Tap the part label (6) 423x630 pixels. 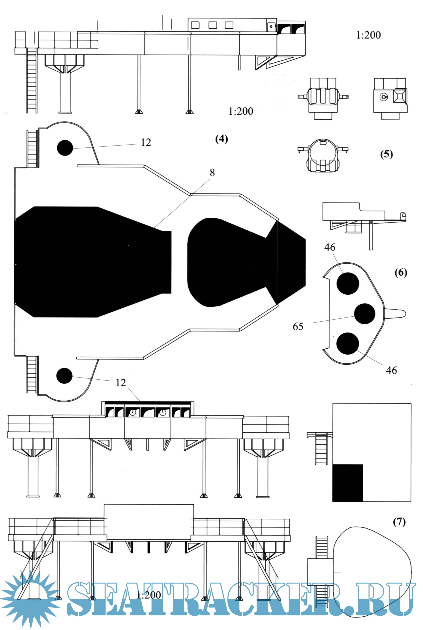(x=401, y=273)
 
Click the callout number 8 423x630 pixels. (x=212, y=173)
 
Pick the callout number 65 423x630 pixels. (x=298, y=327)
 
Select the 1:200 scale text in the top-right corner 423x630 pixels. (x=368, y=35)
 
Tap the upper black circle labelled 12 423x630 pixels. (x=65, y=148)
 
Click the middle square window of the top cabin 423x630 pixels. (x=213, y=25)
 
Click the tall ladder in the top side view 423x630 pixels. (x=32, y=80)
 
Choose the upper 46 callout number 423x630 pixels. (x=330, y=247)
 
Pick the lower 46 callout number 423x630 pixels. (x=391, y=370)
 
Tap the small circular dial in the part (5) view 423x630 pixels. (x=383, y=97)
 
